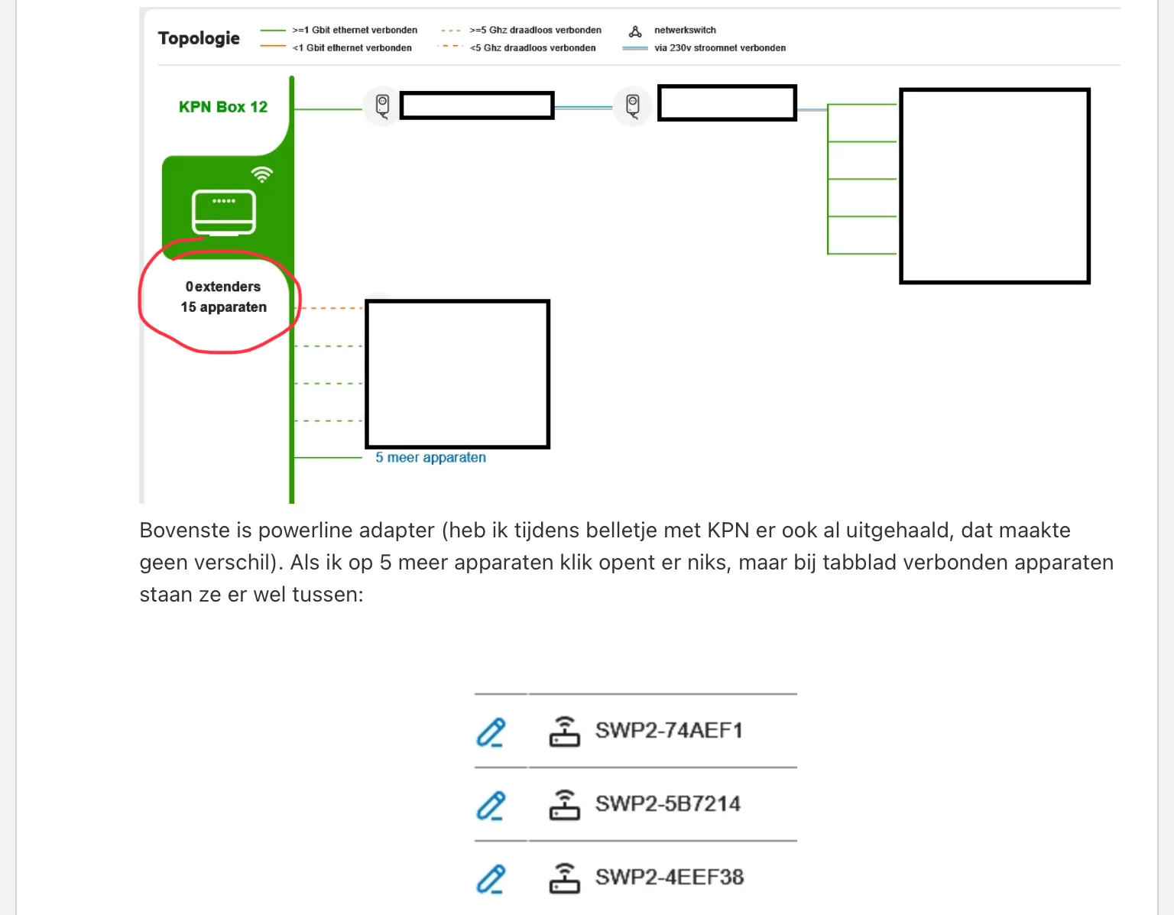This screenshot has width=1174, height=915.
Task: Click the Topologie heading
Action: point(198,38)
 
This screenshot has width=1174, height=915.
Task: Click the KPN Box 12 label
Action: point(223,107)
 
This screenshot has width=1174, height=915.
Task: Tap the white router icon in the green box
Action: point(224,213)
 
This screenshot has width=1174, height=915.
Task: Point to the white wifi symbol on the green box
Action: point(262,174)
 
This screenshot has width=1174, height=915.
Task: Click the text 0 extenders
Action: point(223,287)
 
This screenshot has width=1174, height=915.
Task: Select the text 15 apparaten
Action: point(224,307)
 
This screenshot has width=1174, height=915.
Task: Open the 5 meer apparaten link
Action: point(430,457)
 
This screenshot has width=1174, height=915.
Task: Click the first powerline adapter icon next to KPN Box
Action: point(382,106)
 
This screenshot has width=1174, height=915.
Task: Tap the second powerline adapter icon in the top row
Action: point(633,106)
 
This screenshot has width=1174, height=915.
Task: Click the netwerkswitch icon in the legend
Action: point(635,32)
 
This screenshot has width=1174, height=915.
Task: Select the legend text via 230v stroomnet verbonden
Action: point(720,47)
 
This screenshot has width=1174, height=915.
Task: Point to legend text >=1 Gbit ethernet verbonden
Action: point(355,30)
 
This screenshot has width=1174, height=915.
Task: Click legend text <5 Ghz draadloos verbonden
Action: point(533,47)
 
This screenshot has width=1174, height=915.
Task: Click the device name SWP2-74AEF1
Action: point(669,730)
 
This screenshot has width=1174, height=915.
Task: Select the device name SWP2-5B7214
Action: point(668,803)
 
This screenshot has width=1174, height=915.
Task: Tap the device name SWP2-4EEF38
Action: point(670,878)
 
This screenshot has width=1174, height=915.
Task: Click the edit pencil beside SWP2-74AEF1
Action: point(491,732)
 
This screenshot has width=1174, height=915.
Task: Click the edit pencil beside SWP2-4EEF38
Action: point(491,879)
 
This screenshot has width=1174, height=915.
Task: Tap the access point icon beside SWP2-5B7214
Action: point(565,805)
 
